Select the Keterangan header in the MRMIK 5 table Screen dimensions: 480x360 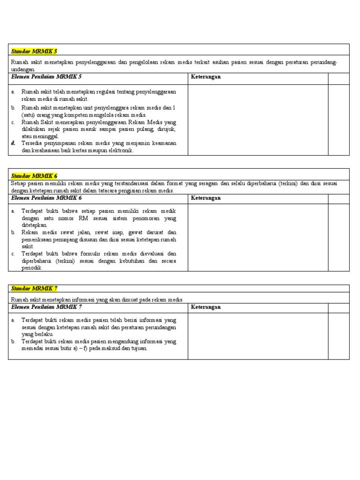206,77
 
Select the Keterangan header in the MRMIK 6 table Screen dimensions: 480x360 206,198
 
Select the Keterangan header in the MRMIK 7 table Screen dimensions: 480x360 206,307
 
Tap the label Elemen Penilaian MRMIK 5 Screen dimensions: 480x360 46,76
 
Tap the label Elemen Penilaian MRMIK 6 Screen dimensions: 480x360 46,198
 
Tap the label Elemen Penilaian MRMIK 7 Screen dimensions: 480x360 46,307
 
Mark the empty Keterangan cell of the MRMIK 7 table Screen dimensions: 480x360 258,336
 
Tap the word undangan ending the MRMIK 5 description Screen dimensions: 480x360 23,69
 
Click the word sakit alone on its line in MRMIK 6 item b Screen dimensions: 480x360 28,246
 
